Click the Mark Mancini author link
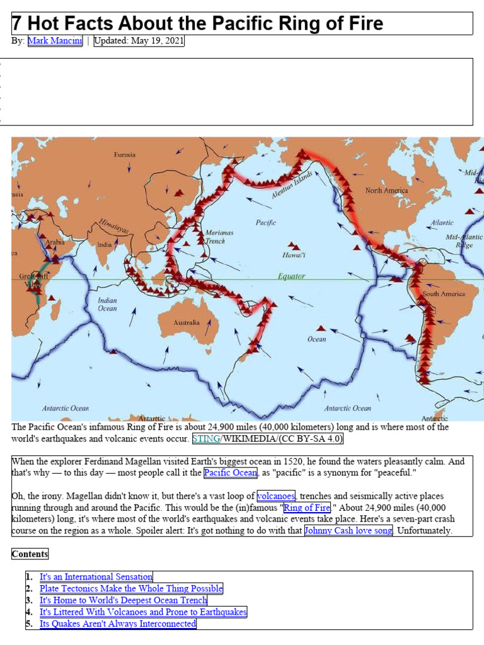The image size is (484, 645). click(x=55, y=42)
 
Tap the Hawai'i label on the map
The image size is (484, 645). click(x=294, y=255)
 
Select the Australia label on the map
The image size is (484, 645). click(x=187, y=322)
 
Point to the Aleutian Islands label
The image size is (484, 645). click(x=292, y=185)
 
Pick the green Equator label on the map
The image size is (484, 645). click(x=291, y=276)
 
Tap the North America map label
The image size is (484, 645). click(x=386, y=190)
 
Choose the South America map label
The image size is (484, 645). click(x=444, y=294)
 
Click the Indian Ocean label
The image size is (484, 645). click(x=107, y=304)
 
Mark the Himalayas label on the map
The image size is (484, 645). click(x=113, y=226)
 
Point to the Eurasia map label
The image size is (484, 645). click(x=124, y=155)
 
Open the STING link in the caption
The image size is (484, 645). click(x=205, y=438)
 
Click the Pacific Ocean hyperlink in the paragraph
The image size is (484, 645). click(x=231, y=472)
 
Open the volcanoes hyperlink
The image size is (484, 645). click(x=276, y=496)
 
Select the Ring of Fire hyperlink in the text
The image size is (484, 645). click(x=306, y=508)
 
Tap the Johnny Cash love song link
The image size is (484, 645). click(x=349, y=530)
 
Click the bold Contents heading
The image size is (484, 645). click(x=30, y=554)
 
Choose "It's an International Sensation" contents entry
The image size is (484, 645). click(x=96, y=576)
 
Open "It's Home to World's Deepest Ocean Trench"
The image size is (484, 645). click(x=123, y=600)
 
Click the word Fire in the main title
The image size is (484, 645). click(x=361, y=24)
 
